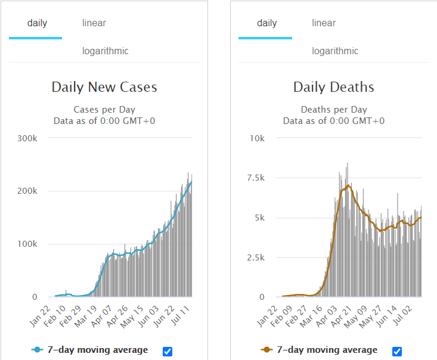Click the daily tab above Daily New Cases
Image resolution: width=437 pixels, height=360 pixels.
(37, 23)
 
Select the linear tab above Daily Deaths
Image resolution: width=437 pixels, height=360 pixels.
(324, 23)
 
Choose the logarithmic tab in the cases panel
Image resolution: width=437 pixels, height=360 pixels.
(105, 51)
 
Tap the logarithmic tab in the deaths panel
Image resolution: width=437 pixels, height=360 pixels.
(334, 51)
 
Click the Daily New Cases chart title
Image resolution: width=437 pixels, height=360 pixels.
(104, 87)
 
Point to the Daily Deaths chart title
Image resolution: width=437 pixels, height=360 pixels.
(334, 87)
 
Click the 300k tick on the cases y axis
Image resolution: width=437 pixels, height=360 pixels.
(28, 138)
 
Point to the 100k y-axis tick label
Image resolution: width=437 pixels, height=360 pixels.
(28, 244)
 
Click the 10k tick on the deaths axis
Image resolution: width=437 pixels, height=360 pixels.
(258, 138)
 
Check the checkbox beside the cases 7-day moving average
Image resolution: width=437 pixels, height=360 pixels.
(168, 352)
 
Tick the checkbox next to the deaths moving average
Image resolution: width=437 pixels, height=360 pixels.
(397, 352)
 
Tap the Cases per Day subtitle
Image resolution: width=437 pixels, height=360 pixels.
(104, 110)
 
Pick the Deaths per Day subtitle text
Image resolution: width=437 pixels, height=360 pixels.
(334, 110)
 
